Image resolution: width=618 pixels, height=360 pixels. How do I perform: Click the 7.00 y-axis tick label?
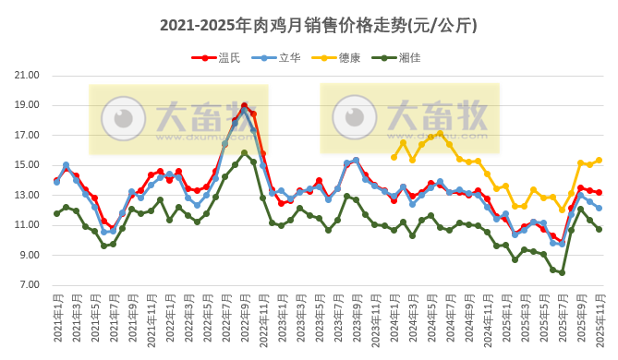pos(27,285)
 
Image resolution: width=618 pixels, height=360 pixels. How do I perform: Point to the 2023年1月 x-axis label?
pos(273,318)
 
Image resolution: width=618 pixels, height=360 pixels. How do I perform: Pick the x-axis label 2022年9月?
pos(236,318)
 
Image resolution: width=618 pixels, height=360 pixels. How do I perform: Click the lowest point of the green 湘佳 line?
pos(562,273)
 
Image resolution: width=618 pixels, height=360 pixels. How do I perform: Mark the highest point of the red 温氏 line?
pos(244,106)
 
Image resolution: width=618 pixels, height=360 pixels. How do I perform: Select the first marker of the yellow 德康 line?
pos(394,157)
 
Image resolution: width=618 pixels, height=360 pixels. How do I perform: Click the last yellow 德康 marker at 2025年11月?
pos(599,160)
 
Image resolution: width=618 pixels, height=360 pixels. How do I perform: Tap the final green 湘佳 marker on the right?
pos(599,229)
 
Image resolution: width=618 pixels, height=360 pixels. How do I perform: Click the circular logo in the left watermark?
pos(123,117)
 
